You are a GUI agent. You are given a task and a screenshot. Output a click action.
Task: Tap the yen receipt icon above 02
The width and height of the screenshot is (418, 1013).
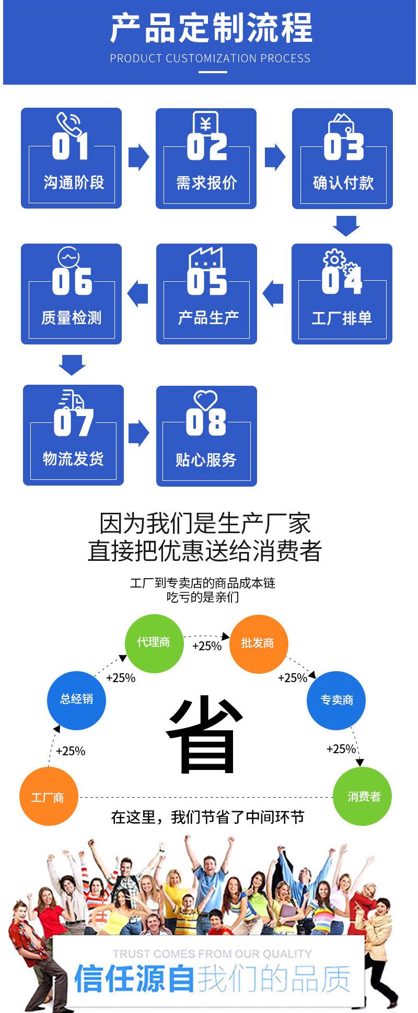205,123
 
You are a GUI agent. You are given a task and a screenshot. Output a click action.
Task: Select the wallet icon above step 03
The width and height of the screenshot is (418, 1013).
342,124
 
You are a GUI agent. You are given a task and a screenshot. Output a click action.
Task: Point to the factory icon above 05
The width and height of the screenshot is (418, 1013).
205,259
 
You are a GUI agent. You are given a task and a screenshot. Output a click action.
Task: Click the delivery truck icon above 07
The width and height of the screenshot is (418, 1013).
72,400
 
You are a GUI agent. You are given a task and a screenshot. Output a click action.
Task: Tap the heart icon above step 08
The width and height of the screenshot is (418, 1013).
205,400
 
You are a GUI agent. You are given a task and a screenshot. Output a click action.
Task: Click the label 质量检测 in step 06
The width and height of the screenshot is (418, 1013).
72,317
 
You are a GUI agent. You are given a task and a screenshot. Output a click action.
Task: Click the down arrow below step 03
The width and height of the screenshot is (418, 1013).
346,225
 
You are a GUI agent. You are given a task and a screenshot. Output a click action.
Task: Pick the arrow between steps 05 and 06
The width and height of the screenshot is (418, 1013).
138,292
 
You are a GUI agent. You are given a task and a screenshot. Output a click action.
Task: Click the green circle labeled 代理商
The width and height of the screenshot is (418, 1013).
154,643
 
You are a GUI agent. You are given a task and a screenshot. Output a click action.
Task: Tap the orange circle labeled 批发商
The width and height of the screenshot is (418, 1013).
258,643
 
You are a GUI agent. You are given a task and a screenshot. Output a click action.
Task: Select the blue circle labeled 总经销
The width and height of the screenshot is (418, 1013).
77,699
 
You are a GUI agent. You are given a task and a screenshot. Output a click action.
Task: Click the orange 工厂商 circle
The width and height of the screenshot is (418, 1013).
49,797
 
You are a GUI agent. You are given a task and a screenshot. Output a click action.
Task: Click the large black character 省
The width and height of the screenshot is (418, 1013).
205,734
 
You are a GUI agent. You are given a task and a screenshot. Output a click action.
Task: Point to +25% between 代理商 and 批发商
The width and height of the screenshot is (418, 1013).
207,646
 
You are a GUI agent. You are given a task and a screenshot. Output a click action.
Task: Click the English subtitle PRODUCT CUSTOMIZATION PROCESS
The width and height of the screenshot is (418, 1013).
210,59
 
